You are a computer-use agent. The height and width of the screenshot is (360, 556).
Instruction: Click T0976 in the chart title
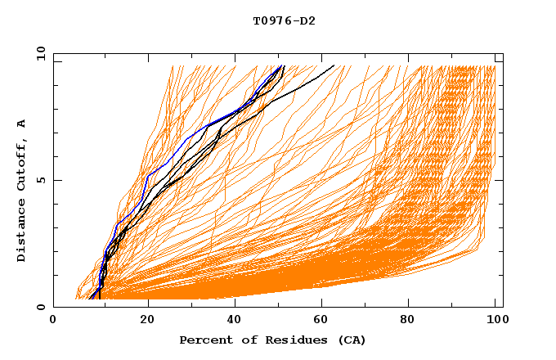[x=271, y=20]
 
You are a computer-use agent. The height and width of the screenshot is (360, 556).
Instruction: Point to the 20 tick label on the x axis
[x=147, y=322]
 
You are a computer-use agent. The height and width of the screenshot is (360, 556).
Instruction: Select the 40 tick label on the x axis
[x=235, y=322]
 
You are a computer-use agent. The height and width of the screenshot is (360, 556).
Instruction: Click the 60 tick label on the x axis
[x=324, y=322]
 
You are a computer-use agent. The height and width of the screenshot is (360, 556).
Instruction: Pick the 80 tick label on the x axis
[x=412, y=322]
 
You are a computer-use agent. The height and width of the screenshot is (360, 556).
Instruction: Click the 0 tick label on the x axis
[x=54, y=322]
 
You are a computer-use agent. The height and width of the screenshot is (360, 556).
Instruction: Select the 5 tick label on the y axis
[x=41, y=180]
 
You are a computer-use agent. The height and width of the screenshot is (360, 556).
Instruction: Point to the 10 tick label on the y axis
[x=39, y=53]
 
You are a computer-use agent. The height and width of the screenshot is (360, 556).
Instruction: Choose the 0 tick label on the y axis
[x=41, y=307]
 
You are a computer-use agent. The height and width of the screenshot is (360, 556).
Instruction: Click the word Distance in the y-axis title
[x=21, y=234]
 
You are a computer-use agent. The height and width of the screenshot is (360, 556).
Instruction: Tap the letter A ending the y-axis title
[x=21, y=124]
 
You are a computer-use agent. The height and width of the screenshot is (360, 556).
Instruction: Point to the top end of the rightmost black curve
[x=334, y=65]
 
